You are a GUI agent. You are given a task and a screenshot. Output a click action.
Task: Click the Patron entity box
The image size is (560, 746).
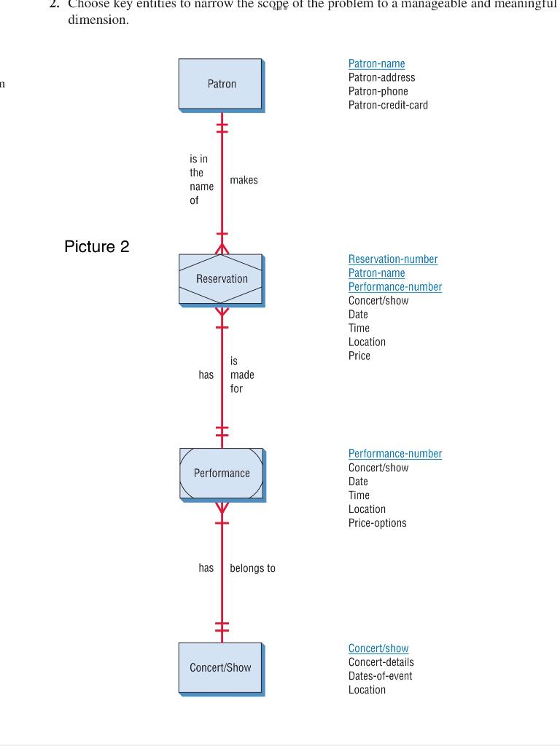tap(221, 85)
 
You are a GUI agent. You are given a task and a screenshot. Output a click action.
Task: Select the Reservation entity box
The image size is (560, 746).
tap(221, 279)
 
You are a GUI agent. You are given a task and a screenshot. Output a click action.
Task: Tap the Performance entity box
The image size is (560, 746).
tap(222, 474)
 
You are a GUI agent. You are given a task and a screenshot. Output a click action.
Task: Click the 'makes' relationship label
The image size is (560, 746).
tap(244, 180)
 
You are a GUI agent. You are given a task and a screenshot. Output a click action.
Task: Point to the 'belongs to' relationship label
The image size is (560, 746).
tap(252, 568)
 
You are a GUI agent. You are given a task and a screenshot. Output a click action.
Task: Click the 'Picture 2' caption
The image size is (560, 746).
tap(97, 246)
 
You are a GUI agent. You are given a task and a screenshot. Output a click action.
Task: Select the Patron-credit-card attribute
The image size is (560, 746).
tap(388, 105)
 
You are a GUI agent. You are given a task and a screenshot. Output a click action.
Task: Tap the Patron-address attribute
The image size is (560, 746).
tap(381, 77)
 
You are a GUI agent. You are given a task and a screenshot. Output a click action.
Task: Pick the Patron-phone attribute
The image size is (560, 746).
tap(378, 91)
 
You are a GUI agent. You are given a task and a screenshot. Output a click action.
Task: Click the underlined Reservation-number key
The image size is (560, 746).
tap(393, 259)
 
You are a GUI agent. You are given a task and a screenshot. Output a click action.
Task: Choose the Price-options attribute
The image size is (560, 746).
tap(377, 523)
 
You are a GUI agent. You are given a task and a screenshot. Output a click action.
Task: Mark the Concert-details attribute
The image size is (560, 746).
tap(381, 662)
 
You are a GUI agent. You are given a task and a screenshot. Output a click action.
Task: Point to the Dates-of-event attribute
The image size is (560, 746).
tap(380, 676)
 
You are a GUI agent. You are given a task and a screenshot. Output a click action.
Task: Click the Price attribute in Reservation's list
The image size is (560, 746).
tap(359, 356)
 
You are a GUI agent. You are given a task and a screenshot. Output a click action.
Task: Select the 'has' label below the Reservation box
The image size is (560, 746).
tap(206, 374)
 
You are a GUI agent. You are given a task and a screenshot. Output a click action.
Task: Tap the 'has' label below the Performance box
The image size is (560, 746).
tap(206, 568)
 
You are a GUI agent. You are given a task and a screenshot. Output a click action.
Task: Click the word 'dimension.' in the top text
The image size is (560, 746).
tap(98, 20)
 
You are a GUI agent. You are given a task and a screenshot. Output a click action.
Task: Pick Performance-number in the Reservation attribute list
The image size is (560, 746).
tap(394, 287)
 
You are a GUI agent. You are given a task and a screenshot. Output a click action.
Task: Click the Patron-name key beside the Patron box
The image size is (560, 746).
tap(376, 64)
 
